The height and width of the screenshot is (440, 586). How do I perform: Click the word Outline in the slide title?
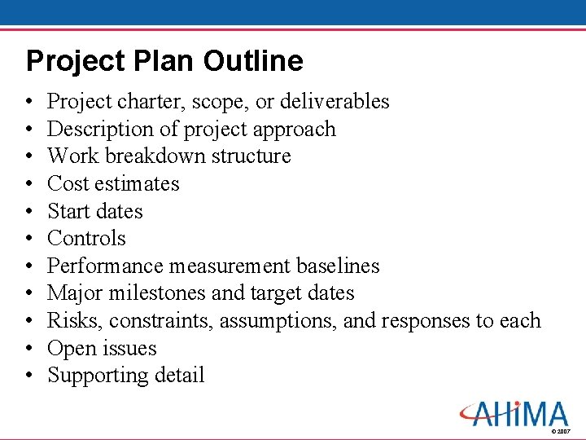pos(253,61)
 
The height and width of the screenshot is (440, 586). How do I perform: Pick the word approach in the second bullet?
pos(295,130)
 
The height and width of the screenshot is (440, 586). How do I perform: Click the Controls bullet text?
pos(86,239)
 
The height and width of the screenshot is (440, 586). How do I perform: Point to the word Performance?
pos(106,266)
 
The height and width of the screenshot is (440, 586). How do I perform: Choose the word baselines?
pos(338,266)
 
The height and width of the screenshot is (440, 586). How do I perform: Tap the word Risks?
pos(76,321)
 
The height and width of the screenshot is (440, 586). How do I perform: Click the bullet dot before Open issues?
pos(29,349)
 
